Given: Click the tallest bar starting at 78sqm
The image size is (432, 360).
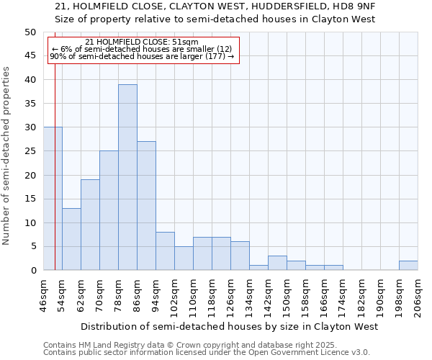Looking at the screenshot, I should click(127, 177).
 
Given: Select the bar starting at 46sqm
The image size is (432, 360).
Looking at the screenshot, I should click(53, 199).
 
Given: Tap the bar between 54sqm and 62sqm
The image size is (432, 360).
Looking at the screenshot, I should click(71, 239).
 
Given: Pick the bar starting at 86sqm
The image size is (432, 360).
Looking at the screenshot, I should click(146, 206).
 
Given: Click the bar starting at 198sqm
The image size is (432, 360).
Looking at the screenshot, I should click(408, 265).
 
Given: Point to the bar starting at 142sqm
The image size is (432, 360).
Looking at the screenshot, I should click(277, 263).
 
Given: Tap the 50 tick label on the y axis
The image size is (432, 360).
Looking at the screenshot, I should click(30, 32).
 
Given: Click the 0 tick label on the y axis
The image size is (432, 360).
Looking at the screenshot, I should click(32, 271).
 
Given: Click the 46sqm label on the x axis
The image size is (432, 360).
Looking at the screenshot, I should click(43, 295).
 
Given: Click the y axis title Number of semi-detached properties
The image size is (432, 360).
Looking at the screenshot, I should click(7, 156).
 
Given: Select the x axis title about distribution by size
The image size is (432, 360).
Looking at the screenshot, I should click(230, 327).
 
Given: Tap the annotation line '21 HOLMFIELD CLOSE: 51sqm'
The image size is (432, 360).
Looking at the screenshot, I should click(142, 42).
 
